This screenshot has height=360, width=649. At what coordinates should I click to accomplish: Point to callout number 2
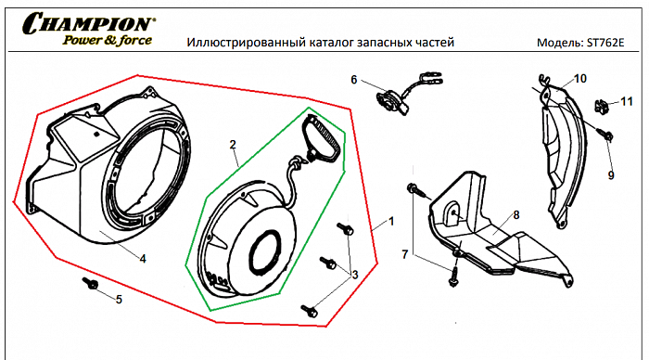click(233, 146)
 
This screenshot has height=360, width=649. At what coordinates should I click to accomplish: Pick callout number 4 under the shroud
click(142, 259)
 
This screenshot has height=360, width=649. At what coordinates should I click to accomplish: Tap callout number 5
click(118, 298)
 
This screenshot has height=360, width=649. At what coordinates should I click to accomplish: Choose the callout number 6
click(353, 80)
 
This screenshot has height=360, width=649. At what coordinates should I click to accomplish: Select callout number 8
click(515, 214)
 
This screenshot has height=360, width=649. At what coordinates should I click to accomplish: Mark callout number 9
click(611, 174)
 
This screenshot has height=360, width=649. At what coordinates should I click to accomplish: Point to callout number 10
click(580, 79)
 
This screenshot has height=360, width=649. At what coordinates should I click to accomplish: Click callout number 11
click(627, 100)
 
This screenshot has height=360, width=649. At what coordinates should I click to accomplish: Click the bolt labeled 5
click(91, 283)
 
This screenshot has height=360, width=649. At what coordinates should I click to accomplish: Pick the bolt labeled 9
click(605, 135)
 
